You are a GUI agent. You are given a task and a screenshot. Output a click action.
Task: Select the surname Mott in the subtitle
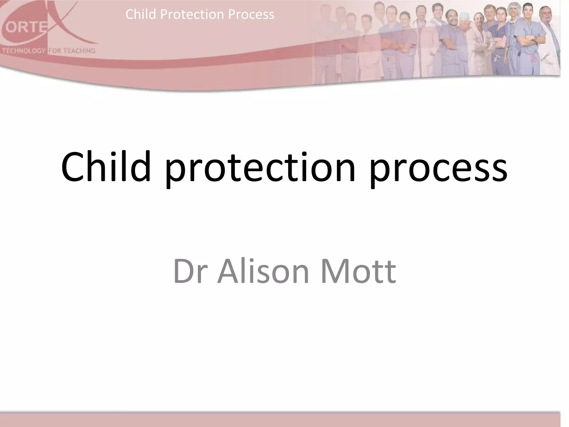[x=358, y=271]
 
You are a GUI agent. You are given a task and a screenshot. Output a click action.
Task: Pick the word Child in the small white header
[x=141, y=14]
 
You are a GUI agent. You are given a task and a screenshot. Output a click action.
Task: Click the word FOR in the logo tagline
[x=55, y=51]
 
